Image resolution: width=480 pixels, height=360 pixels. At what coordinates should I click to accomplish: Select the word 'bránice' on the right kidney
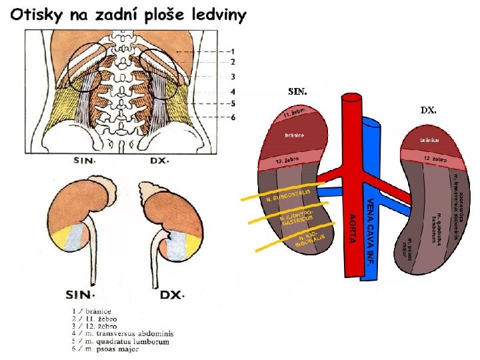(x=429, y=140)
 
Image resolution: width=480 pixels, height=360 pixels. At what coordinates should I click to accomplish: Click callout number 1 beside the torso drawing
(x=231, y=51)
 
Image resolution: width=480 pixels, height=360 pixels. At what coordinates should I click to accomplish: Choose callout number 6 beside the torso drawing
(x=231, y=117)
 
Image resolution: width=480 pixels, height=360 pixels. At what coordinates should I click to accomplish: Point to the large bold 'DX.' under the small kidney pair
(x=171, y=294)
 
